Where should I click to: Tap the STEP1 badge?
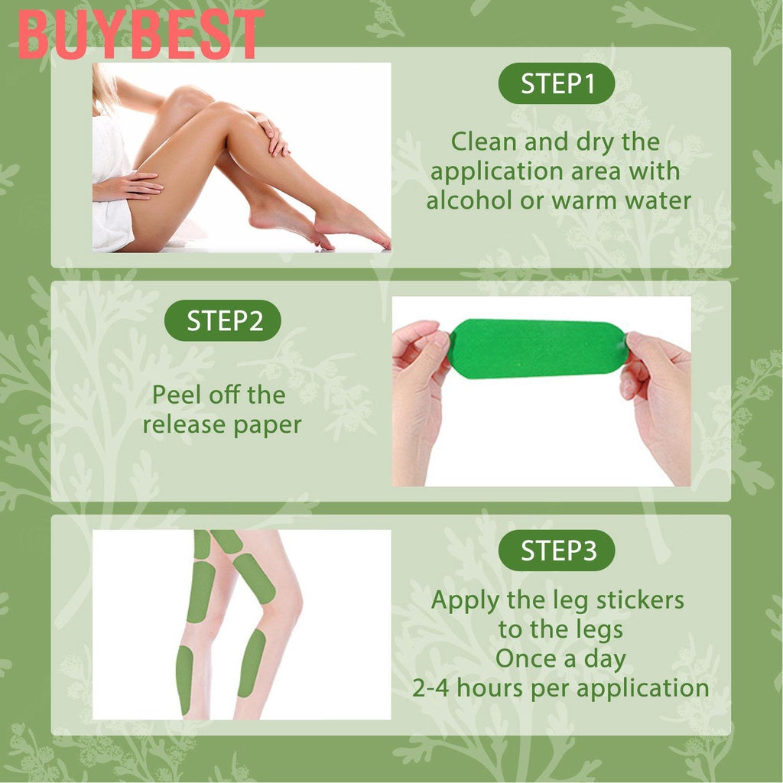[557, 84]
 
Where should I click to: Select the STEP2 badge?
[223, 321]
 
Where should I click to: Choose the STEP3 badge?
[557, 551]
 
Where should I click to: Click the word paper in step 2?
[264, 425]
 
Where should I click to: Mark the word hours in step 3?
[496, 688]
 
